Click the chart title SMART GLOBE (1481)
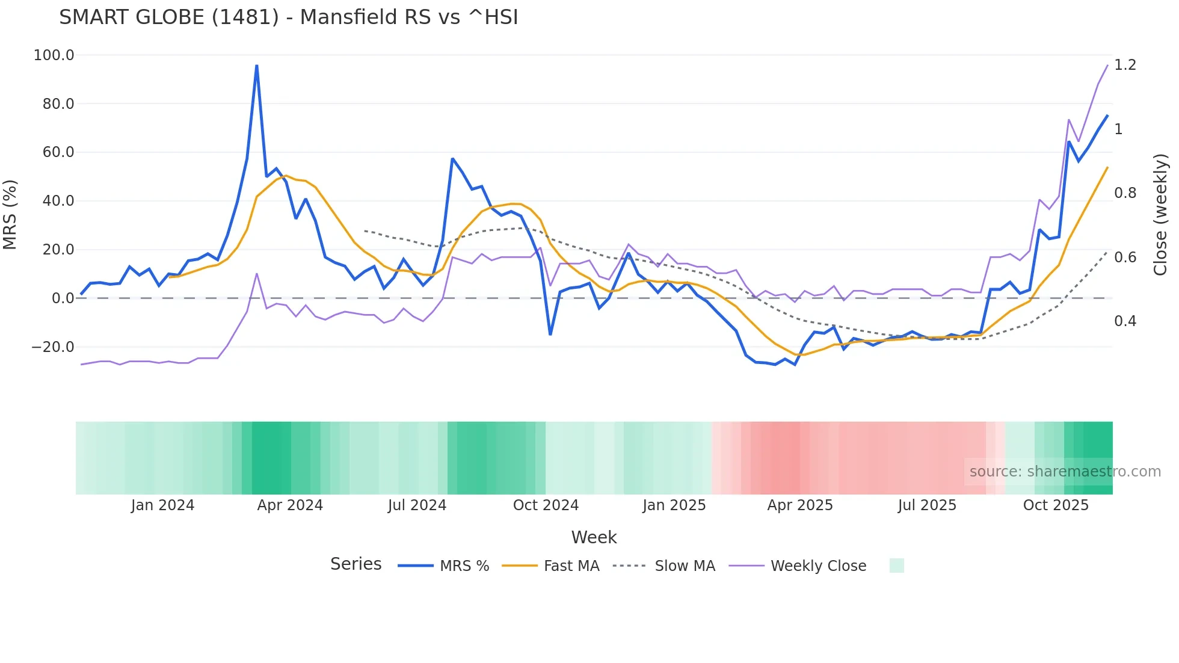(x=288, y=17)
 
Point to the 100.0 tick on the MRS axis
(x=54, y=55)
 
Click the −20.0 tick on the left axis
(x=53, y=347)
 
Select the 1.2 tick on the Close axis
(x=1125, y=65)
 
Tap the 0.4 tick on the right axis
(x=1125, y=321)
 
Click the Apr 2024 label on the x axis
(x=290, y=505)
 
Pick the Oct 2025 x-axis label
(x=1056, y=505)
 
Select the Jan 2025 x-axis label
(x=674, y=505)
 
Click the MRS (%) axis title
(x=10, y=215)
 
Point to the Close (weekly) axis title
(x=1160, y=215)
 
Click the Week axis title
(x=594, y=537)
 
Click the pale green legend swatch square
(x=896, y=566)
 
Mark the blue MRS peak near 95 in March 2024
(x=257, y=66)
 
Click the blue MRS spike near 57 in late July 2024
(x=452, y=159)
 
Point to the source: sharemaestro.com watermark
(x=1065, y=472)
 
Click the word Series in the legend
(x=356, y=564)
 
